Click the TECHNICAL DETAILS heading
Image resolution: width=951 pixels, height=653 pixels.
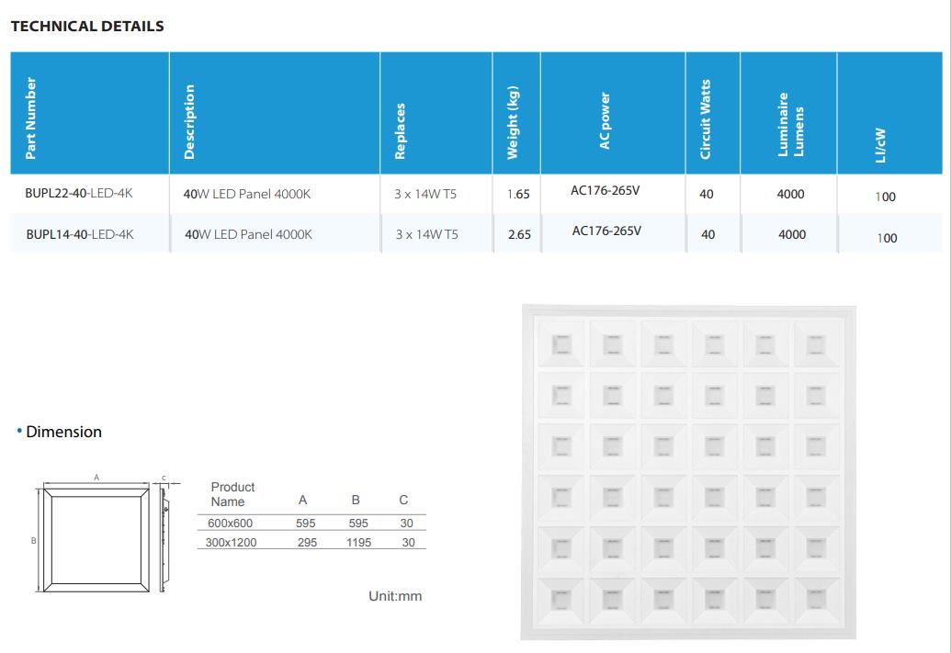[87, 26]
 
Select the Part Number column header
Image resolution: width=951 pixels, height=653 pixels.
[30, 118]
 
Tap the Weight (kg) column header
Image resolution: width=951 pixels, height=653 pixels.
[513, 122]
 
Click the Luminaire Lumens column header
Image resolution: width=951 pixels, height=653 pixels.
[790, 124]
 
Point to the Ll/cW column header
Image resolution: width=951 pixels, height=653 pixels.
[880, 145]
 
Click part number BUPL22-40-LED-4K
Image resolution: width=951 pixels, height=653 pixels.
[79, 194]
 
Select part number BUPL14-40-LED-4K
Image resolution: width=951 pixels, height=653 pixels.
[80, 234]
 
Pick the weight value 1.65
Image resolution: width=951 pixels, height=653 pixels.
[518, 194]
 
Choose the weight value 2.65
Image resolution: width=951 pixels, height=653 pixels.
[520, 234]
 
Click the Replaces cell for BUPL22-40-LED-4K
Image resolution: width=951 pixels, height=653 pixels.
[425, 194]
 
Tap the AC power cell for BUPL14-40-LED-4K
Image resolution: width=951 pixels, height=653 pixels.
[606, 231]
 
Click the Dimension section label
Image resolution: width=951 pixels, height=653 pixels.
[63, 432]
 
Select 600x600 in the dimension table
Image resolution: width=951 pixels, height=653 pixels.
[230, 524]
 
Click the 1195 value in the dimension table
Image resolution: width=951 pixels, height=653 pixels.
[358, 543]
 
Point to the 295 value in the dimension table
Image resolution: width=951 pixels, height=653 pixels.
[307, 543]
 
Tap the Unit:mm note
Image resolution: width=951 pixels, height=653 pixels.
[395, 596]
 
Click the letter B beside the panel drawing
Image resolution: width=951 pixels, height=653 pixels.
[34, 540]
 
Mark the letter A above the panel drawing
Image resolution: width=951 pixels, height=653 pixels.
[96, 478]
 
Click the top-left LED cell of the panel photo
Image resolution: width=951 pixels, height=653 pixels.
[561, 344]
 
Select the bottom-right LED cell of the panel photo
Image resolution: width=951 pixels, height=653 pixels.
[816, 600]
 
